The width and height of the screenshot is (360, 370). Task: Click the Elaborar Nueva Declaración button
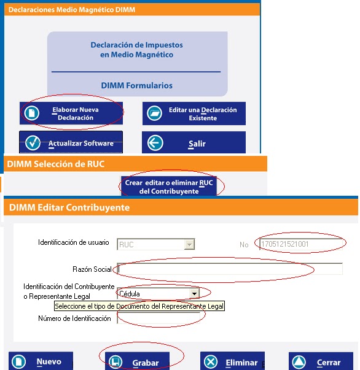click(71, 113)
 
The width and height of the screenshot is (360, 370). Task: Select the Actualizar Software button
click(71, 142)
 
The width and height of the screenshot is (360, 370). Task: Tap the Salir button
click(194, 143)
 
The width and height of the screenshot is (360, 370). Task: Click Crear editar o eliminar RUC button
click(169, 186)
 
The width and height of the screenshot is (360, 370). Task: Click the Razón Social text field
click(230, 269)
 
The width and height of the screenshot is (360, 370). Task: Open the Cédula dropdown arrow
click(194, 294)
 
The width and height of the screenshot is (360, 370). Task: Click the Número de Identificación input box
click(158, 318)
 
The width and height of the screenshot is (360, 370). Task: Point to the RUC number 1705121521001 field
click(301, 244)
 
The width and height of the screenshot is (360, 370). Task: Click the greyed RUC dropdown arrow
click(189, 244)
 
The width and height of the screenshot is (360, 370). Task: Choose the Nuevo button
click(41, 361)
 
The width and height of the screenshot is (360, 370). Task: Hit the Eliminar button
click(232, 361)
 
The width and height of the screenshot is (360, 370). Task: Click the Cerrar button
click(321, 361)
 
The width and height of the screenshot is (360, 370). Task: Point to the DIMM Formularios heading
click(137, 85)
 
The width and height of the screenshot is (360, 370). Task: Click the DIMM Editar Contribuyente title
click(69, 207)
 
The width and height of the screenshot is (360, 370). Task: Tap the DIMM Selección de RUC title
click(56, 164)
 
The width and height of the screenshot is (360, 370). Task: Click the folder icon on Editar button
click(154, 114)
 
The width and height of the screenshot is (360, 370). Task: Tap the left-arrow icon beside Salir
click(155, 143)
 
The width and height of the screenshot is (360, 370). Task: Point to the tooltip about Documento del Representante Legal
click(139, 306)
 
